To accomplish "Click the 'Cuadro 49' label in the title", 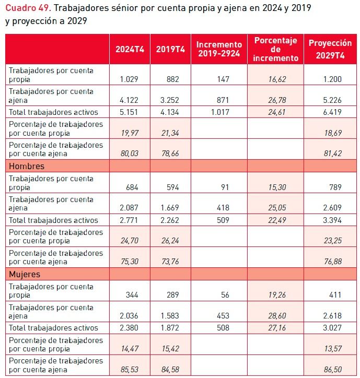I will click(x=27, y=9).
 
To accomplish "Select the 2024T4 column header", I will click(x=130, y=49).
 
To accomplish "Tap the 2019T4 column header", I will click(x=171, y=49).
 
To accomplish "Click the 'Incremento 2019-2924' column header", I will click(x=219, y=49).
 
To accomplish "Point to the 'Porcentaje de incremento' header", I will click(x=275, y=49).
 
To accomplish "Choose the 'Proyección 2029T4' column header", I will click(x=330, y=49).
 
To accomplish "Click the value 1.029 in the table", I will click(x=128, y=79).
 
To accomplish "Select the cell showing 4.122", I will click(x=128, y=100).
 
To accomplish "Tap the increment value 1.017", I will click(x=219, y=112).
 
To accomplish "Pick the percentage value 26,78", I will click(x=275, y=100).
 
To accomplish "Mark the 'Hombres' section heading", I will click(x=26, y=166).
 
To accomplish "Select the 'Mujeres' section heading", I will click(x=25, y=274).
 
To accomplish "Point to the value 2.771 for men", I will click(x=128, y=220).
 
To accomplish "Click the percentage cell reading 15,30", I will click(x=275, y=187).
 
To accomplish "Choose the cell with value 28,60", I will click(x=275, y=316).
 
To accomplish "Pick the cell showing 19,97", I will click(x=129, y=133).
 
